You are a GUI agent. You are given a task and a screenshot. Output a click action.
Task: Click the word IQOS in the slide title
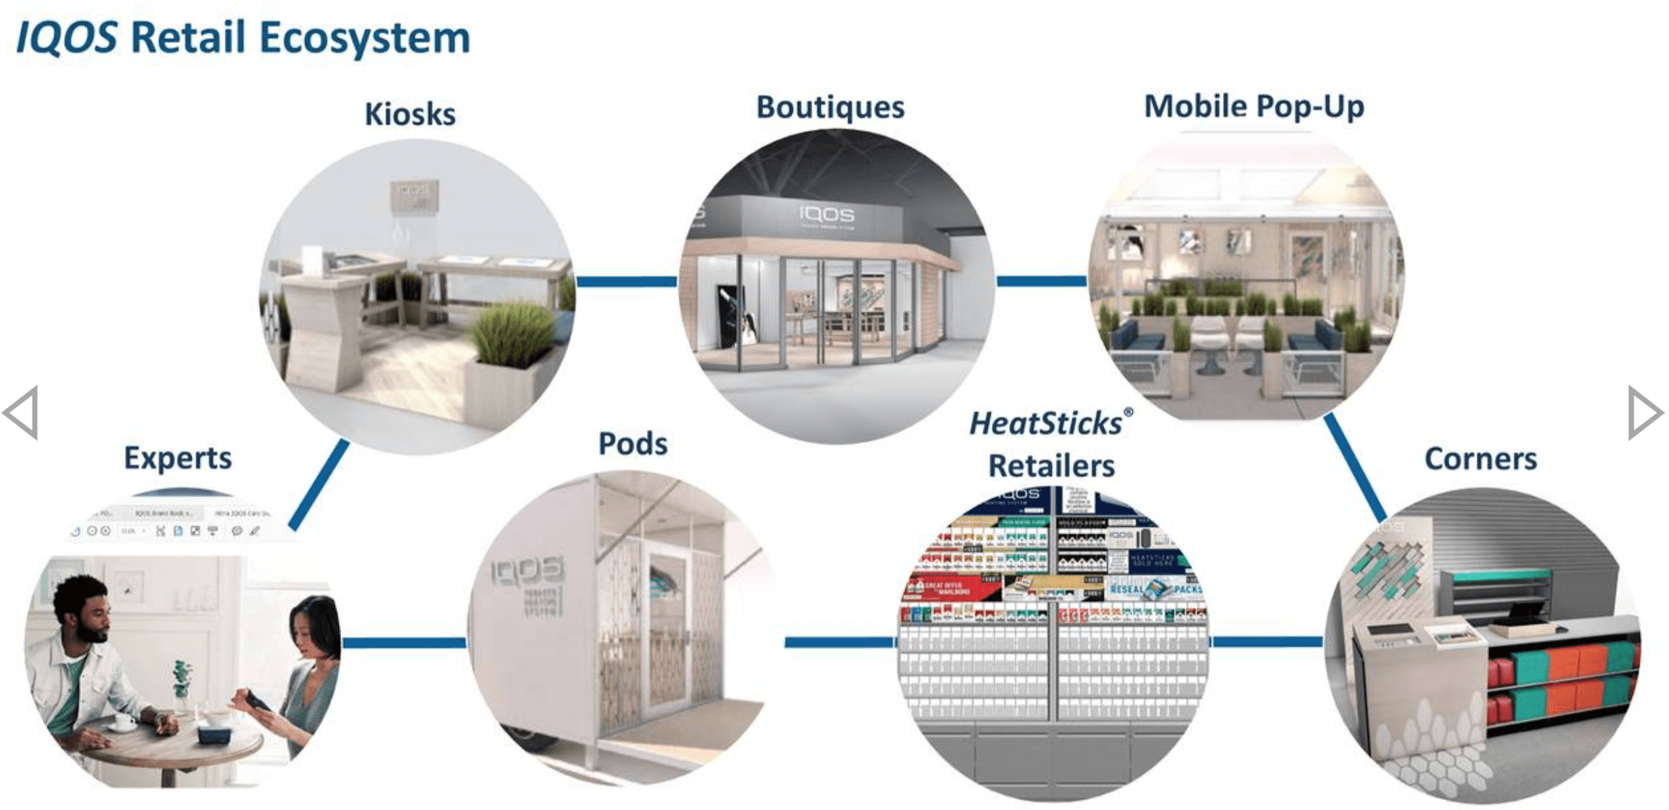tap(67, 37)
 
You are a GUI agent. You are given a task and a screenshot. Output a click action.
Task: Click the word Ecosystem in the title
tap(365, 39)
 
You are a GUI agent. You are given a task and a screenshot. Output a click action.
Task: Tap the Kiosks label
tap(410, 113)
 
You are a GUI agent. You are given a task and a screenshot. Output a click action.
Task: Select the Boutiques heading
tap(830, 107)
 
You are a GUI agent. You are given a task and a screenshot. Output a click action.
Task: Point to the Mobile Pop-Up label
tap(1254, 107)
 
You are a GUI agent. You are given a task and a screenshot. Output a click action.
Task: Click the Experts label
tap(177, 458)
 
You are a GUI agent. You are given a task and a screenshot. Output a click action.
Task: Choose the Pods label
tap(633, 444)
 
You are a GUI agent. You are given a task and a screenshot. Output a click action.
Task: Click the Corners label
tap(1480, 459)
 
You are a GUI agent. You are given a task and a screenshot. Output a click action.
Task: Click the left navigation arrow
tap(22, 412)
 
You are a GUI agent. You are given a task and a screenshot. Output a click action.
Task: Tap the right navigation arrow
tap(1645, 412)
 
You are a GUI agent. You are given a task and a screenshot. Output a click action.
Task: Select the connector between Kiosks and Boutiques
tap(626, 281)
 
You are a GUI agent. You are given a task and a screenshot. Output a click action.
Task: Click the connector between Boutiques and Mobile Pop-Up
tap(1041, 281)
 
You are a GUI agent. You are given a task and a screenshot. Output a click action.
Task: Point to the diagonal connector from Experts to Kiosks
tap(319, 484)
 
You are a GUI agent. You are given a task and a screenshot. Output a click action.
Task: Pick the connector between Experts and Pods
tap(404, 642)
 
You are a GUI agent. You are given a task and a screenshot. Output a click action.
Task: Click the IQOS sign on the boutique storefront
tap(826, 215)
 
